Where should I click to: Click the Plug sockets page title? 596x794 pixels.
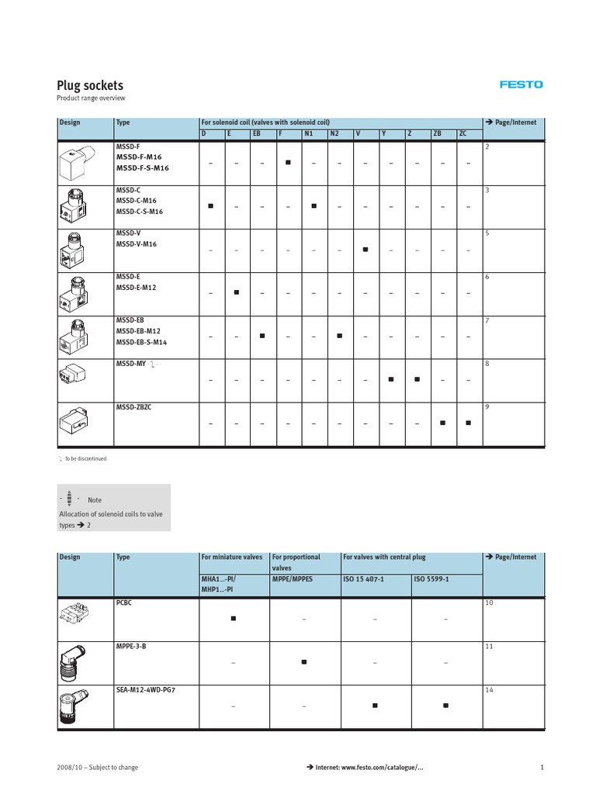[90, 85]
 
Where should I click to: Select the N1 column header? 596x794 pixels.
[308, 134]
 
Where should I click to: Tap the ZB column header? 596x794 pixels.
[438, 134]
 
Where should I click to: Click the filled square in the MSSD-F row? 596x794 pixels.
[288, 163]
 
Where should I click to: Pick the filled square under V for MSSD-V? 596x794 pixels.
[366, 250]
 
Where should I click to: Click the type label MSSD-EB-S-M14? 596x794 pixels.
[141, 342]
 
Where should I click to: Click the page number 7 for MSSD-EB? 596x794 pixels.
[487, 320]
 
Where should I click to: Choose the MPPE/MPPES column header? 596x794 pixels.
[293, 578]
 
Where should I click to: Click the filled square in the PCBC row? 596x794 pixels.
[233, 619]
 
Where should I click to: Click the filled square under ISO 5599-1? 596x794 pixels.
[445, 706]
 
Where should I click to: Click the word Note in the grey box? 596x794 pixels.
[94, 500]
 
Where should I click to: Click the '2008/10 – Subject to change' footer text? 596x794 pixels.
[98, 767]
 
